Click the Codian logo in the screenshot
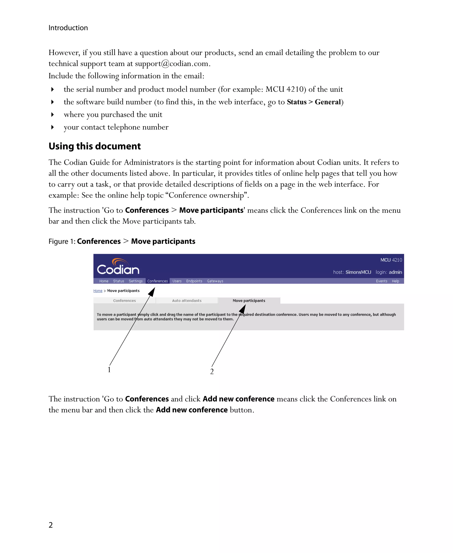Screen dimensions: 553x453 [118, 267]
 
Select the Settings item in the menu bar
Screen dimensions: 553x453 [135, 281]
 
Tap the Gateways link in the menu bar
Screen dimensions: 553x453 [215, 281]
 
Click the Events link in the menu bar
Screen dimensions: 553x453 [381, 281]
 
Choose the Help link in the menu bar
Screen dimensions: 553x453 [395, 281]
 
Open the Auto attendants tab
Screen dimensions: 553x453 [187, 301]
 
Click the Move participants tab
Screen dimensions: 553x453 [249, 301]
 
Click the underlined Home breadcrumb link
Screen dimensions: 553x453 [98, 291]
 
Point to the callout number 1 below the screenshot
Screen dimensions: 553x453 [109, 370]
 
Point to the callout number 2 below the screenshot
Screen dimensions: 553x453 [212, 371]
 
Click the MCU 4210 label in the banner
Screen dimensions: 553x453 [391, 260]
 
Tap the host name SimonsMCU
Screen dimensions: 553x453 [358, 272]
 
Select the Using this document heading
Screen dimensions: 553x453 [94, 146]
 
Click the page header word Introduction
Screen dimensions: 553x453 [68, 28]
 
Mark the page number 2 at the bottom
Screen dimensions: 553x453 [51, 525]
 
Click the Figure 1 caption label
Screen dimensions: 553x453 [62, 241]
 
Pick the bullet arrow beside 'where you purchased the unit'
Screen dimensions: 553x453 [52, 115]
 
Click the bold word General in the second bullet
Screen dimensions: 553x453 [328, 102]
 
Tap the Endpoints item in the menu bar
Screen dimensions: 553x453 [194, 281]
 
